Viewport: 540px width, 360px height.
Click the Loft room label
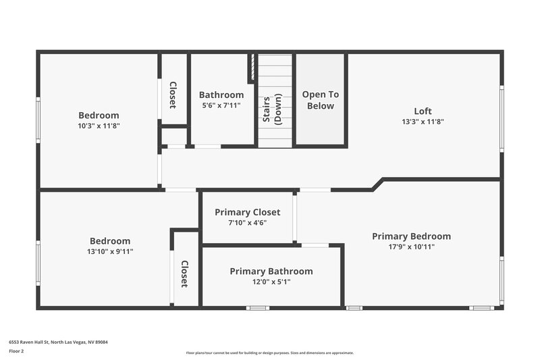[x=423, y=111]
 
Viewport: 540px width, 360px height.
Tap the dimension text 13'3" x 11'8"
[x=423, y=122]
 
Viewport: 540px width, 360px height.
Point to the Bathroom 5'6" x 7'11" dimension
[x=221, y=106]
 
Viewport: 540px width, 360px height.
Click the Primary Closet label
[x=247, y=212]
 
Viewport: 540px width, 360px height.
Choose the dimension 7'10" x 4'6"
[x=247, y=223]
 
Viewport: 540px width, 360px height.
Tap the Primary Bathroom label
[x=271, y=271]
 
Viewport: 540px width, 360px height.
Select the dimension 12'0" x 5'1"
[x=271, y=282]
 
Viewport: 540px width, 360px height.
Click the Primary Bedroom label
[x=411, y=236]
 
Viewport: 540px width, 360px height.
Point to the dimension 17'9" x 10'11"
[x=411, y=247]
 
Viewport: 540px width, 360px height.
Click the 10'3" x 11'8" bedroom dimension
[x=99, y=126]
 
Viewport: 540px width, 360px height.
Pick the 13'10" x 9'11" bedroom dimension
[x=110, y=252]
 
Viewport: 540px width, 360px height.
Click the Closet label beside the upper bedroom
[x=173, y=95]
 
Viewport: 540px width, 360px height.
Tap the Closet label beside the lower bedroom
[x=184, y=274]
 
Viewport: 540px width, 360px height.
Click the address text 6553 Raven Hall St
[x=58, y=342]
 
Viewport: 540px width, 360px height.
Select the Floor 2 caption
[x=16, y=351]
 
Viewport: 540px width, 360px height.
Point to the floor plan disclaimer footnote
[x=269, y=353]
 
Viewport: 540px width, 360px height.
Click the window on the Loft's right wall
[x=501, y=118]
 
